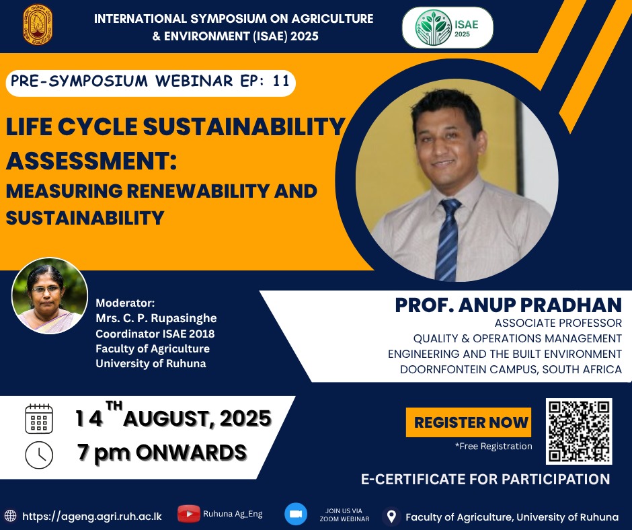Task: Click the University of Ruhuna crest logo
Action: pos(38,24)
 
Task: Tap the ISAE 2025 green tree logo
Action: pos(434,28)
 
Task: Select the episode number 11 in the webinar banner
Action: pos(281,81)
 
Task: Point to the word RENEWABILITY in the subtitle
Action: pos(198,191)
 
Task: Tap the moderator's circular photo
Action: pos(50,296)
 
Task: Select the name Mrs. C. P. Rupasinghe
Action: pos(156,318)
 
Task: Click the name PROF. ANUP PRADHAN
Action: pos(508,305)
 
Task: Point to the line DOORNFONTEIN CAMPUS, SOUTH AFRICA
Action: pos(511,369)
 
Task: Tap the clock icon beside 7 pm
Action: pos(39,455)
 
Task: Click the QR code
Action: pos(579,431)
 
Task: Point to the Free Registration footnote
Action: pos(493,446)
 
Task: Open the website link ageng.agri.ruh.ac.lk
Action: pos(92,517)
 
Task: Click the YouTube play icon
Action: pos(189,514)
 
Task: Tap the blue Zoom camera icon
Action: pos(296,515)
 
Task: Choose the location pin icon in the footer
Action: pos(391,517)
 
